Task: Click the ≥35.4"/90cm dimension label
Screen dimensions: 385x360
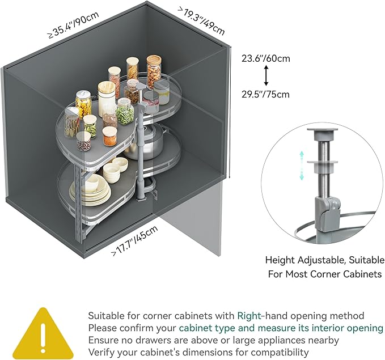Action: (74, 24)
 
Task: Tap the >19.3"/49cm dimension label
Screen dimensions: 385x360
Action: (201, 20)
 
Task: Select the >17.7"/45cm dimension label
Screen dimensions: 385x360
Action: (134, 241)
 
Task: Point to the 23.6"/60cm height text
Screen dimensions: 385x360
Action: (266, 58)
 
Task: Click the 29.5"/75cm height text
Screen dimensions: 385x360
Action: (265, 94)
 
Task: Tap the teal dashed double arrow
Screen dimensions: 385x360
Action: (302, 166)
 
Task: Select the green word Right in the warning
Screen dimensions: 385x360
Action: (249, 316)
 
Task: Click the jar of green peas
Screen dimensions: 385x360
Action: (125, 112)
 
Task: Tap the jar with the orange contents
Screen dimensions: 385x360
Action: (109, 136)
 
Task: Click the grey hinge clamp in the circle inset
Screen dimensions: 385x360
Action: (328, 213)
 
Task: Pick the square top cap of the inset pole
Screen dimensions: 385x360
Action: (323, 132)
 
